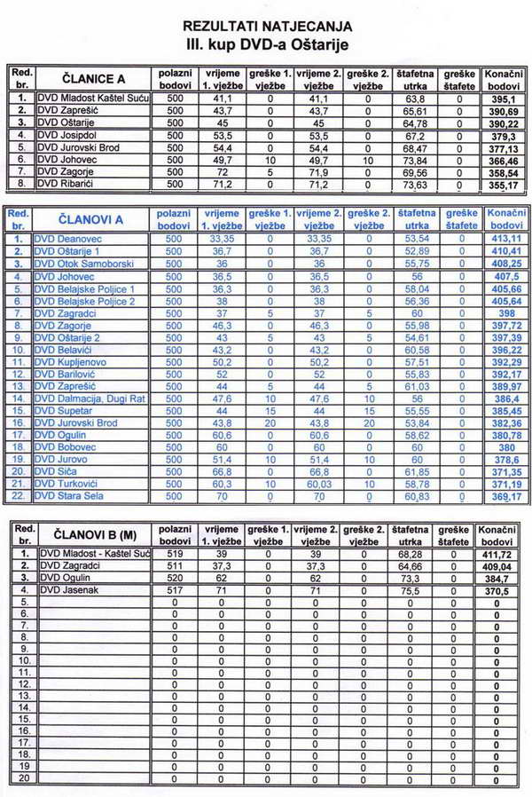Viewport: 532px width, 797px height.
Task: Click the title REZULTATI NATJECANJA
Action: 266,27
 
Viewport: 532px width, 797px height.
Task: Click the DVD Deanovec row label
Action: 72,239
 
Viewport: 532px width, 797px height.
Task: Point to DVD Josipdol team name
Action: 68,135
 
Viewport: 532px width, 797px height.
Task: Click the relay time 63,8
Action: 414,98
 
